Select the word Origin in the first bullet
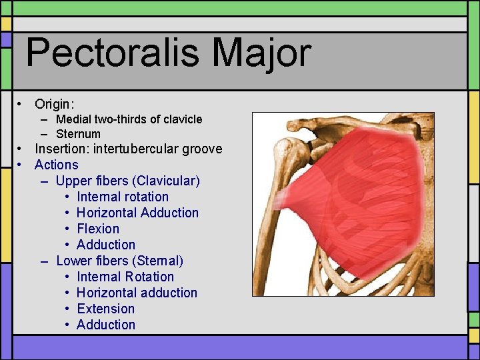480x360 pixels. (x=53, y=104)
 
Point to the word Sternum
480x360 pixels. (x=78, y=134)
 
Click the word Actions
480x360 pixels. (x=56, y=165)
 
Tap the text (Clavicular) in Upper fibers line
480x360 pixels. (x=169, y=181)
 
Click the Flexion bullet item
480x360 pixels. (x=98, y=229)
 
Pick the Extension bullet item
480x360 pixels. (x=105, y=309)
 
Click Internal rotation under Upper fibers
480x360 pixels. (x=123, y=197)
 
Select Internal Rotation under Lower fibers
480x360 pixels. (x=125, y=277)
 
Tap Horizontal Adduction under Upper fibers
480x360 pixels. (x=137, y=213)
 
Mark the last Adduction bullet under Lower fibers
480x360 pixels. (x=105, y=325)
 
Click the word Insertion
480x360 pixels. (x=62, y=149)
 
